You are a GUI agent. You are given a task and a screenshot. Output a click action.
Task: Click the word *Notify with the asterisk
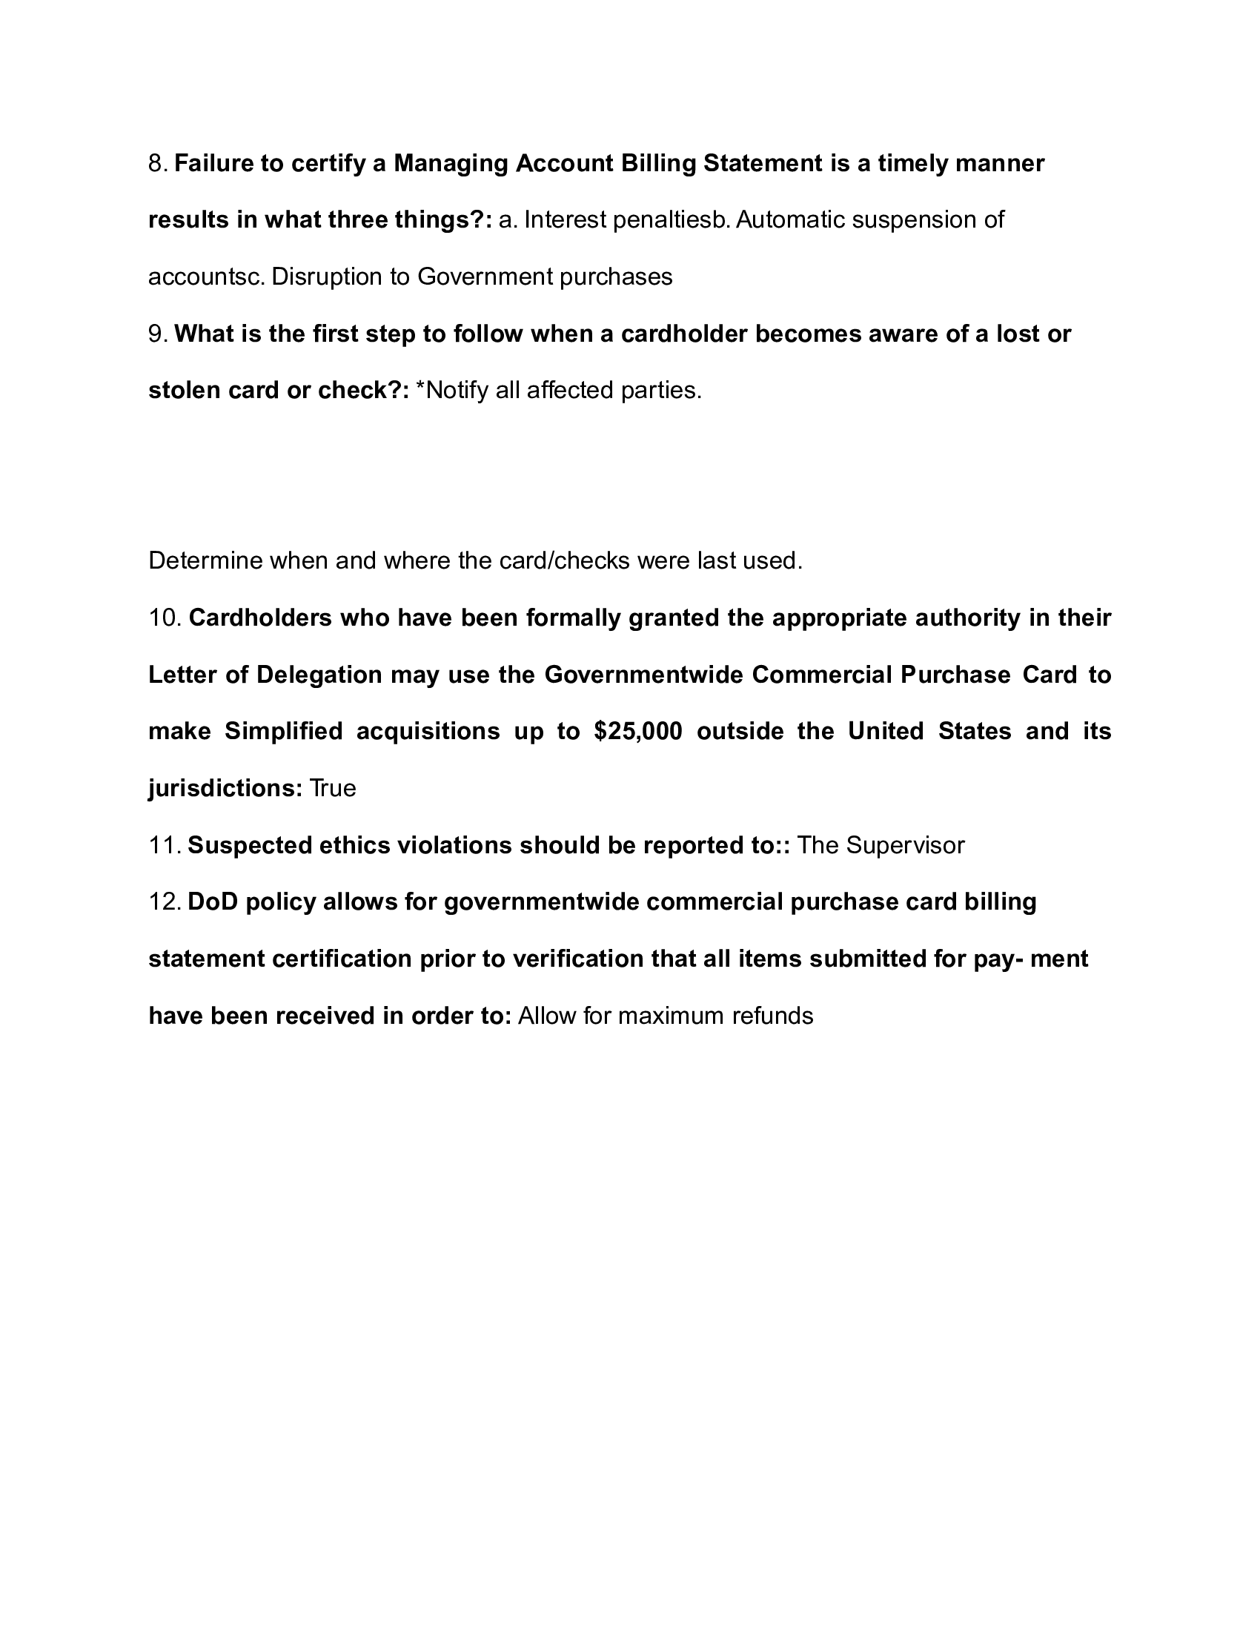[451, 391]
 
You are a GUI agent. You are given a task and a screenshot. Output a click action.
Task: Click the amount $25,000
[638, 731]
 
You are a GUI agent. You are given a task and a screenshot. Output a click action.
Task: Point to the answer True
[333, 789]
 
